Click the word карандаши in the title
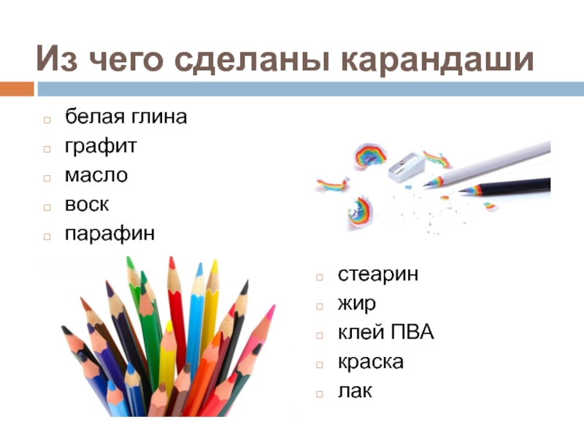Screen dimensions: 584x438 pyautogui.click(x=437, y=60)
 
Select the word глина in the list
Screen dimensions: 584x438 pyautogui.click(x=158, y=117)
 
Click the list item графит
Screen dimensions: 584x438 pyautogui.click(x=101, y=146)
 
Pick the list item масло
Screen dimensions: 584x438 pyautogui.click(x=96, y=175)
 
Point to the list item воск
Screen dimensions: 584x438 pyautogui.click(x=87, y=204)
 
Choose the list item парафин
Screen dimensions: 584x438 pyautogui.click(x=110, y=234)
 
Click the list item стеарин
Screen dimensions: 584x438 pyautogui.click(x=377, y=274)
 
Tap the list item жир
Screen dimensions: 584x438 pyautogui.click(x=356, y=304)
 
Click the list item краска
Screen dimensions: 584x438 pyautogui.click(x=371, y=362)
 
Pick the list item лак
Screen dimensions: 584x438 pyautogui.click(x=355, y=391)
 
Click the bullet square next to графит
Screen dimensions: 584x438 pyautogui.click(x=47, y=149)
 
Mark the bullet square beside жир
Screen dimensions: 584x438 pyautogui.click(x=319, y=307)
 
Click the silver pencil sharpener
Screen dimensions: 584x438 pyautogui.click(x=406, y=167)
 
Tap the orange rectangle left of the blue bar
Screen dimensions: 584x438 pyautogui.click(x=17, y=89)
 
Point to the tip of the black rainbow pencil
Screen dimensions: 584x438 pyautogui.click(x=460, y=191)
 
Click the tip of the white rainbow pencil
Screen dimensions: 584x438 pyautogui.click(x=424, y=185)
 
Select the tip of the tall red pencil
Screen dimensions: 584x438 pyautogui.click(x=172, y=258)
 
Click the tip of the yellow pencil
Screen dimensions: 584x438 pyautogui.click(x=215, y=261)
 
